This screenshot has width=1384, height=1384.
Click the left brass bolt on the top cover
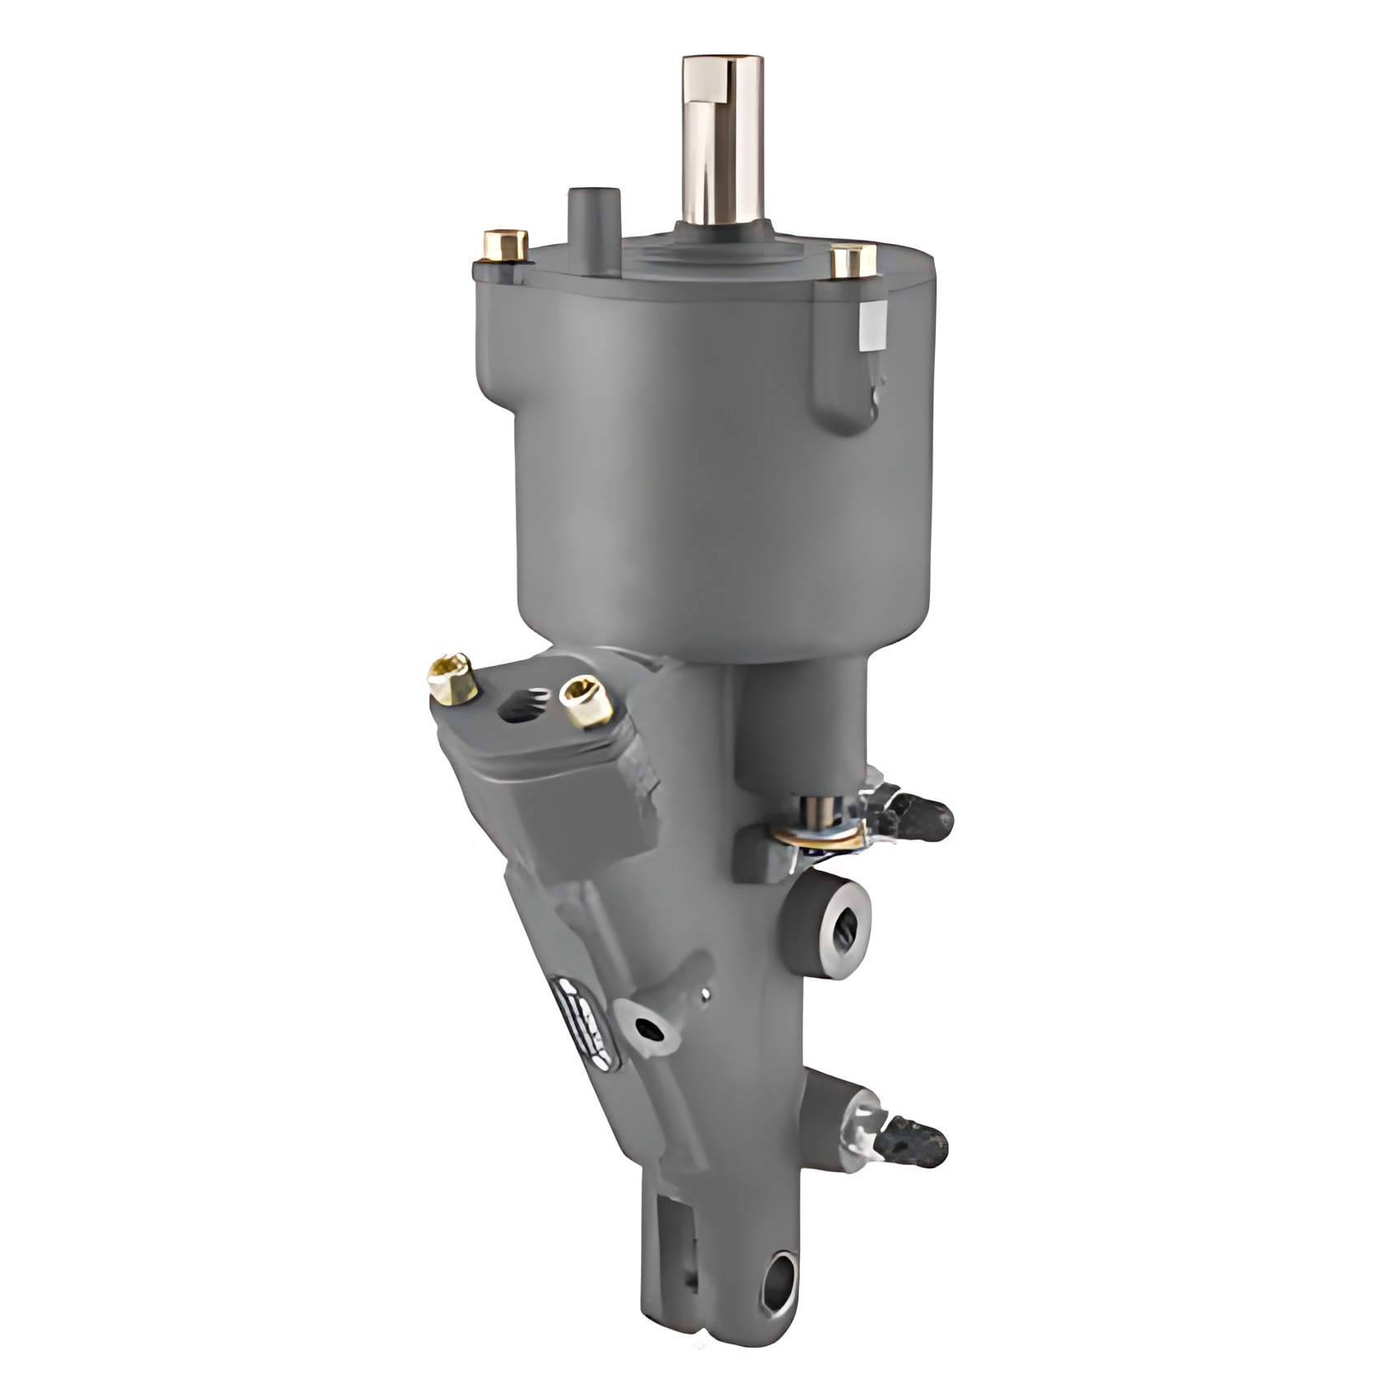click(x=505, y=245)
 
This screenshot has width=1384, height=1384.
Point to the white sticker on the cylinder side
click(x=872, y=329)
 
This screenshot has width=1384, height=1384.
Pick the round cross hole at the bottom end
click(x=778, y=1283)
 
